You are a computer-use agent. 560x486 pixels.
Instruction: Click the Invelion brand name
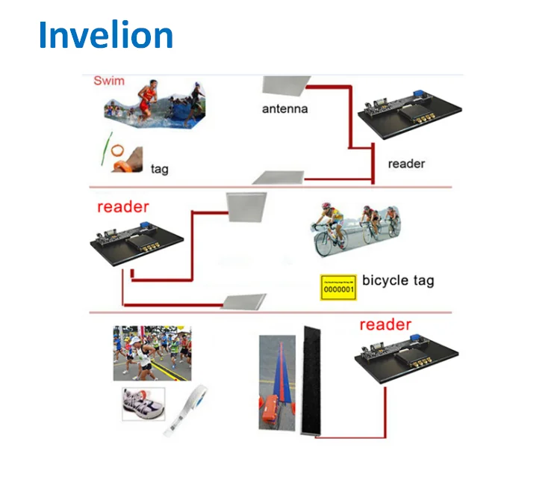[x=105, y=34]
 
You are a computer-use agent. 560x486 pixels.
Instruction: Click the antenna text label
[x=284, y=109]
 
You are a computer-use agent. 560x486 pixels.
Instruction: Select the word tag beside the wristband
[x=160, y=169]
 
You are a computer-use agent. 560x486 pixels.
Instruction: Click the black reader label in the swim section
[x=406, y=163]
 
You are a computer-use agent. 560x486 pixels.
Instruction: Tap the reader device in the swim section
[x=402, y=113]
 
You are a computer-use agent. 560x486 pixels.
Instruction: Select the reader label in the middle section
[x=123, y=206]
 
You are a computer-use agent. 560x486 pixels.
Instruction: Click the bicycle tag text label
[x=397, y=281]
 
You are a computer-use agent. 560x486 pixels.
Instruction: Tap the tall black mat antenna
[x=313, y=382]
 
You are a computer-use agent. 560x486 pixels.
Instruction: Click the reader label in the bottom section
[x=385, y=324]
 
